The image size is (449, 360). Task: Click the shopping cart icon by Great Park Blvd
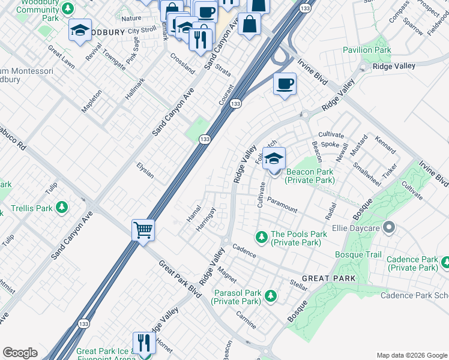click(x=143, y=229)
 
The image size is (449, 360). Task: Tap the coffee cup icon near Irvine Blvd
click(x=285, y=83)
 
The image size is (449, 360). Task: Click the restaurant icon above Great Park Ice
click(x=143, y=343)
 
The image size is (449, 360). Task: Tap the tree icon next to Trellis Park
click(x=61, y=208)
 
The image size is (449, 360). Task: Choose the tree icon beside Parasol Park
click(x=271, y=295)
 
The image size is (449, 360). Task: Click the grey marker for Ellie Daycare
click(x=388, y=227)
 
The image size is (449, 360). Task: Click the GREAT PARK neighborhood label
click(x=328, y=278)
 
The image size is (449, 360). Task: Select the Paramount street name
click(x=282, y=205)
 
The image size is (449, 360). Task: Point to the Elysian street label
click(x=145, y=172)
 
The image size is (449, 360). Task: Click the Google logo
click(x=20, y=353)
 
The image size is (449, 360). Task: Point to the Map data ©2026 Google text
click(x=411, y=355)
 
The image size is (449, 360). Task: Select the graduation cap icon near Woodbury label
click(x=79, y=31)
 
